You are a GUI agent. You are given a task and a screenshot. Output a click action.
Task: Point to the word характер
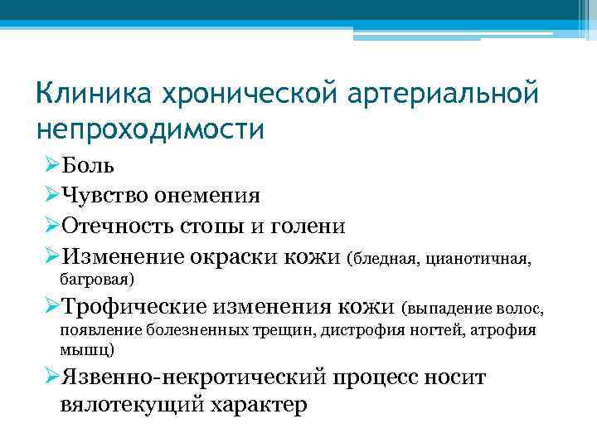(258, 407)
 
